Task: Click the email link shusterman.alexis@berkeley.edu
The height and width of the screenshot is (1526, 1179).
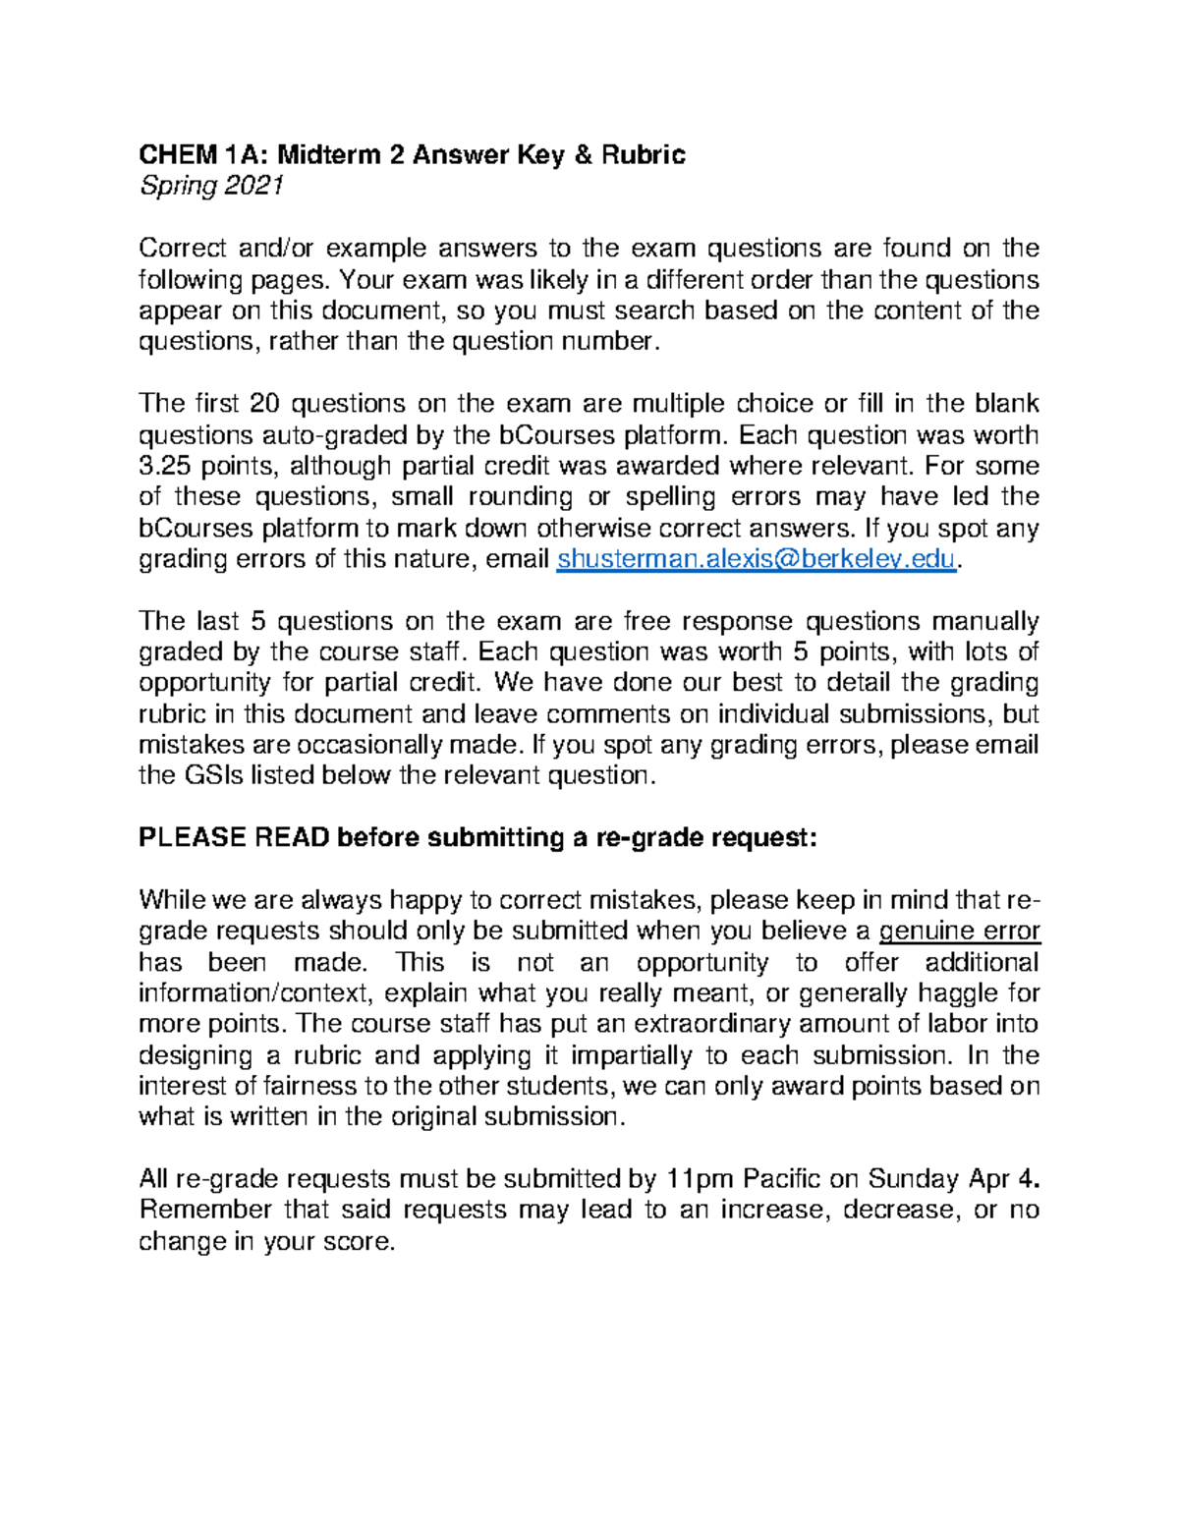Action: (756, 559)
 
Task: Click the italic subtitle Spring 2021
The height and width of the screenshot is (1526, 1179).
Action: (211, 186)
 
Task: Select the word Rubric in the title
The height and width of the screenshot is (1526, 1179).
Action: (645, 154)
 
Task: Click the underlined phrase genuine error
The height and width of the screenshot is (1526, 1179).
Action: (959, 931)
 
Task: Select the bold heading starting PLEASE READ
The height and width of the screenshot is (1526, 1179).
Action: (477, 838)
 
